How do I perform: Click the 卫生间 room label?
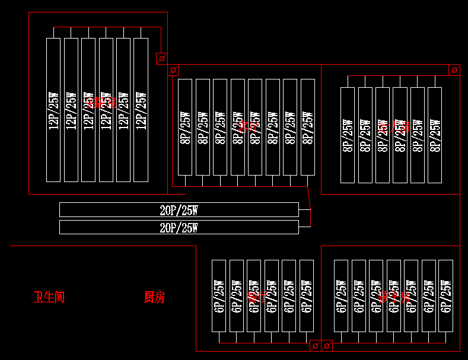pos(49,297)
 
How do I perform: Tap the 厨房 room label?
pos(154,297)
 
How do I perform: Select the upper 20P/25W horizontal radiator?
pos(179,209)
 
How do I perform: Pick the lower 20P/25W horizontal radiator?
pos(179,227)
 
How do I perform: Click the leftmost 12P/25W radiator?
pos(53,110)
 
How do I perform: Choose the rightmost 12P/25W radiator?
pos(141,110)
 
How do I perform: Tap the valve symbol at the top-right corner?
pos(454,70)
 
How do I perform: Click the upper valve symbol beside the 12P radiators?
pos(161,58)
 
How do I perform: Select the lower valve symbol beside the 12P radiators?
pos(173,71)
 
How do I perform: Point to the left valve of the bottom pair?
pos(316,345)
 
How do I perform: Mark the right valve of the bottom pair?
pos(327,345)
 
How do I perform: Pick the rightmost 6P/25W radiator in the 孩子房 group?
pos(446,296)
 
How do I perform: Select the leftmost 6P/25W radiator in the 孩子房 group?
pos(341,296)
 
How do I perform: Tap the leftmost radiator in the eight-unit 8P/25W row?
pos(185,127)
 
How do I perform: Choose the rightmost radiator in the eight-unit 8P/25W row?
pos(308,127)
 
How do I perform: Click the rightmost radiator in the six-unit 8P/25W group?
pos(435,135)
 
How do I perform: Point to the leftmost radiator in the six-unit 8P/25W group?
pos(348,135)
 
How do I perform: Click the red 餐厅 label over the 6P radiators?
pos(257,297)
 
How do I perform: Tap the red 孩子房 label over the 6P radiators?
pos(394,297)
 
